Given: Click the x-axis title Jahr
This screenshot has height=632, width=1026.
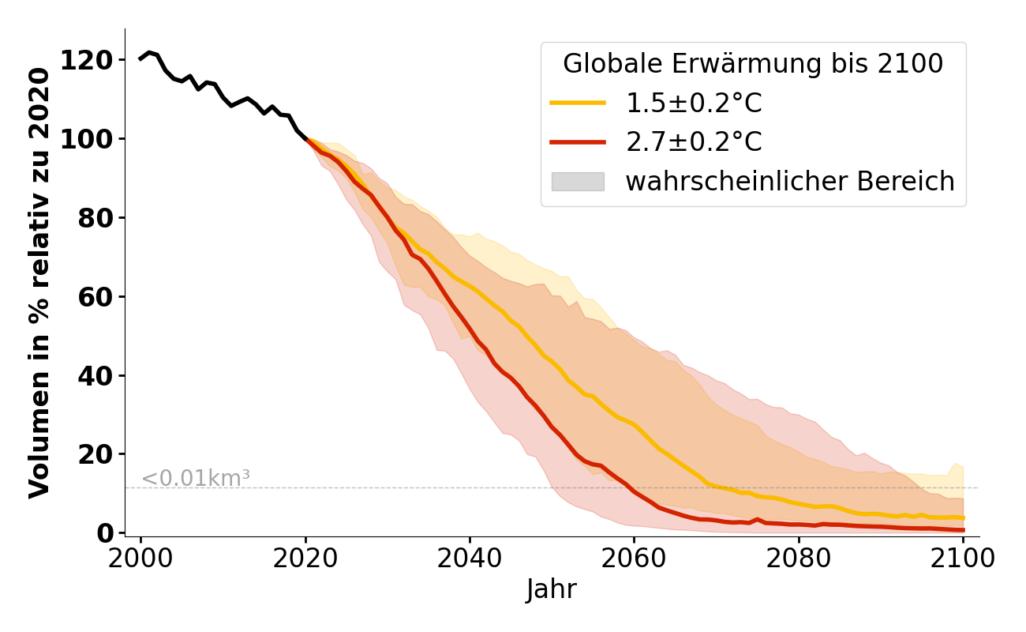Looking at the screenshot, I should [552, 589].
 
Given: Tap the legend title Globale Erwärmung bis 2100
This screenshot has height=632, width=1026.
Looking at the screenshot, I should [753, 64].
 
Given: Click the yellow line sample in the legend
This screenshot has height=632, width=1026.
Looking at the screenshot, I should [578, 103].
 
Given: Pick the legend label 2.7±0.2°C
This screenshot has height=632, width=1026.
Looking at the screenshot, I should [694, 142].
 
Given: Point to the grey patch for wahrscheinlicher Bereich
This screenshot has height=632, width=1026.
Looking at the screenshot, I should [578, 182].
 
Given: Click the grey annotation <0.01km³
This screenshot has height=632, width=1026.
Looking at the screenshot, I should [196, 478].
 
